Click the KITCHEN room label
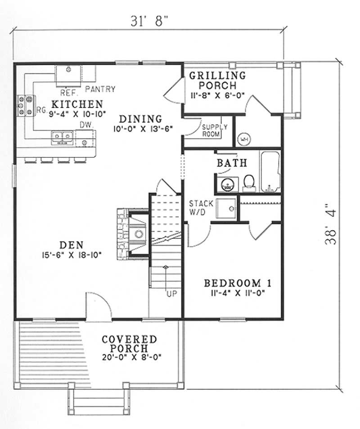pos(76,103)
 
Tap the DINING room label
pos(141,119)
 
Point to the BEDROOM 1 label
pos(238,284)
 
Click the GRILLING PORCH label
pos(217,80)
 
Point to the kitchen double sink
pos(63,135)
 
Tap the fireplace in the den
pos(133,233)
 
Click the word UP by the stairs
pos(171,294)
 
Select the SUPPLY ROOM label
pos(214,131)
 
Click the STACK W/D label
pos(198,208)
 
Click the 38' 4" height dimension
pos(333,225)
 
